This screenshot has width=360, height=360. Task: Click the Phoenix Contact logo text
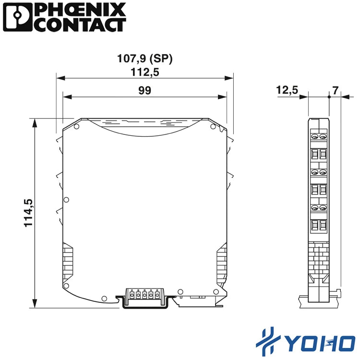[x=81, y=17]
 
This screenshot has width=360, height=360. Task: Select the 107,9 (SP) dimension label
[x=144, y=58]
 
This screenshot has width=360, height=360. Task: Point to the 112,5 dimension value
[x=144, y=72]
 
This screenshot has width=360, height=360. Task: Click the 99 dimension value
[x=144, y=90]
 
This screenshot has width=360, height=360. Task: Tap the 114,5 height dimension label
[x=28, y=213]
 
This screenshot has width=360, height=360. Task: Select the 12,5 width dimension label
[x=287, y=90]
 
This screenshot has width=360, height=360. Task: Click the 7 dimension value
[x=336, y=90]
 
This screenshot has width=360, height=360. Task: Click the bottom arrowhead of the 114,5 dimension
[x=35, y=303]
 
